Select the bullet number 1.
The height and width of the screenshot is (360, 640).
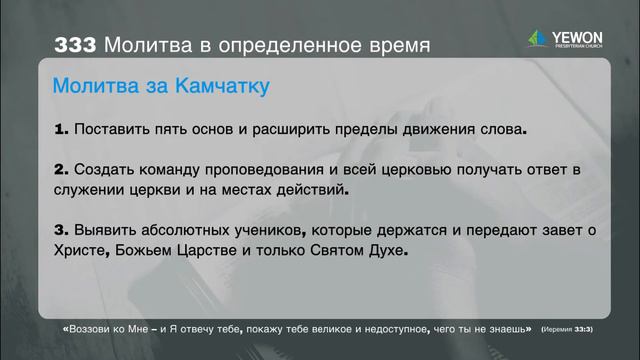(x=60, y=129)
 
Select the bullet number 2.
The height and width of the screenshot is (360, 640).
(x=60, y=170)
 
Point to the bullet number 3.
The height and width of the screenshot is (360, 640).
(x=60, y=232)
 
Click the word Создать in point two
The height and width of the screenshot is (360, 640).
(x=104, y=170)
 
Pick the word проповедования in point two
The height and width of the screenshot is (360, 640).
(x=281, y=170)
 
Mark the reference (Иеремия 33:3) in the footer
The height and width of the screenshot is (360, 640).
(x=567, y=329)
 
